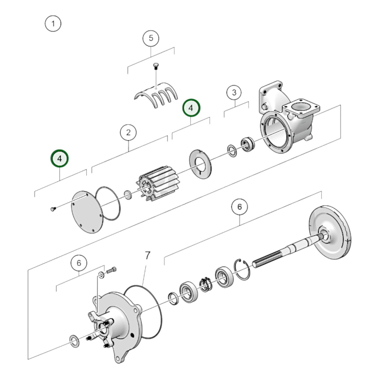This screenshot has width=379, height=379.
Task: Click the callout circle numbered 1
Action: (x=53, y=24)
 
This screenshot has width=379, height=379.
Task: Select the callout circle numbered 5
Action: (x=151, y=38)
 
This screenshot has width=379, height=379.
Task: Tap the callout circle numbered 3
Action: (x=234, y=92)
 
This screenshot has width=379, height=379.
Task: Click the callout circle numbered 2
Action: (x=128, y=132)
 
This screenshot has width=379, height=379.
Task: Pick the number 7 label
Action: (x=148, y=255)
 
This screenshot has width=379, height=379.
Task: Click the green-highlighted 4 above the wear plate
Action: (x=191, y=108)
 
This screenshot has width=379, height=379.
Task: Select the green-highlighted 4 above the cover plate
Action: (x=60, y=158)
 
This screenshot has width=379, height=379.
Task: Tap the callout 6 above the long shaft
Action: (x=239, y=207)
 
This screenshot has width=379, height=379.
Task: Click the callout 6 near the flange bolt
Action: (x=79, y=263)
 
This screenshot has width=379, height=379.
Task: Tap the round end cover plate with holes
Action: (x=87, y=211)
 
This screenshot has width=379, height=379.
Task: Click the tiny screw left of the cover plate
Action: (x=53, y=209)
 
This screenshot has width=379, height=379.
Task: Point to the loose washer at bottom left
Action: (x=74, y=341)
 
